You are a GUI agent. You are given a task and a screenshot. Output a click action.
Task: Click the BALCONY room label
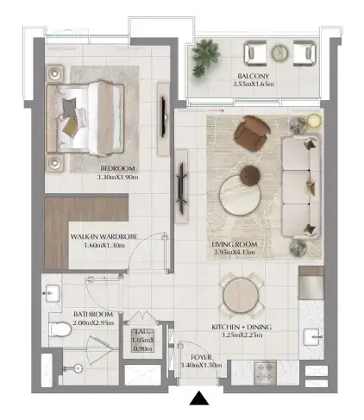click(254, 76)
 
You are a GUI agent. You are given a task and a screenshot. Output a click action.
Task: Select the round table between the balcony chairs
click(279, 53)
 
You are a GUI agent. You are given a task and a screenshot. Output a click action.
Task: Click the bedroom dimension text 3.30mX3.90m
click(117, 177)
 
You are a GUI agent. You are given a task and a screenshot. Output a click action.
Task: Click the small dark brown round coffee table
click(250, 175)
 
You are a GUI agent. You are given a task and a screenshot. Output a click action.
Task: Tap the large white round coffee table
click(240, 195)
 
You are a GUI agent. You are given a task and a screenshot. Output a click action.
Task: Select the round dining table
click(242, 296)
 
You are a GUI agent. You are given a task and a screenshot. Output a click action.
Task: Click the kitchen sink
click(311, 336)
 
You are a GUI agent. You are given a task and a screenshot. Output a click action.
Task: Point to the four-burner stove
click(265, 373)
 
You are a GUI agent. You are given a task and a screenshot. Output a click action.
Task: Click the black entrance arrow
click(199, 398)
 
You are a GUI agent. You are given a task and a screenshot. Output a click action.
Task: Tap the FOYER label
click(201, 357)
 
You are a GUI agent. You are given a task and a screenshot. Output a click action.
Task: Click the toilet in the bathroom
click(60, 329)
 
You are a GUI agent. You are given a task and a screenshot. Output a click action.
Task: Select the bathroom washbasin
click(52, 293)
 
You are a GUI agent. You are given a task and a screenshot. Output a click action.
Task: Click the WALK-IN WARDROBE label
click(104, 237)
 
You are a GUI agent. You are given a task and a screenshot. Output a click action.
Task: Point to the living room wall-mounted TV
click(182, 189)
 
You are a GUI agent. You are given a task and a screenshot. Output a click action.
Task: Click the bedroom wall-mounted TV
click(163, 116)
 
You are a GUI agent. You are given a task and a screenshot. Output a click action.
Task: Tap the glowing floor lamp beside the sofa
click(314, 120)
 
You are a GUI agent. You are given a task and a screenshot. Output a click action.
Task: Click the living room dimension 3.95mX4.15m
click(235, 253)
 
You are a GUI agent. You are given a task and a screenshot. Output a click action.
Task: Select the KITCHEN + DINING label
click(242, 327)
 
